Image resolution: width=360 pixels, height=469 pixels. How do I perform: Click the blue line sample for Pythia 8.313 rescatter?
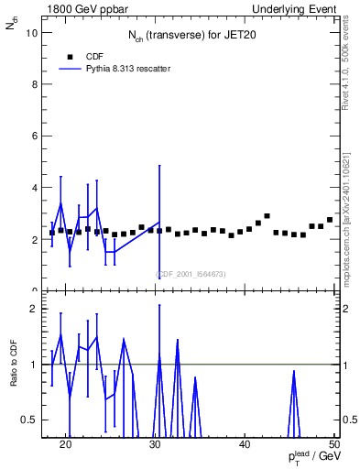point(71,69)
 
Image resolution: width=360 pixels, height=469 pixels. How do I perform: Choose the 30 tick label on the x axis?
point(155,445)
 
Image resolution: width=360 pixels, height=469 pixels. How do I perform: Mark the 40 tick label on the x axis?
point(245,445)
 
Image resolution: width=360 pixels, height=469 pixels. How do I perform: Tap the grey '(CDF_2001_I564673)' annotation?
point(190,274)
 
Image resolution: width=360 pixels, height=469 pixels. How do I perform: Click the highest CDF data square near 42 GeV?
point(267,216)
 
